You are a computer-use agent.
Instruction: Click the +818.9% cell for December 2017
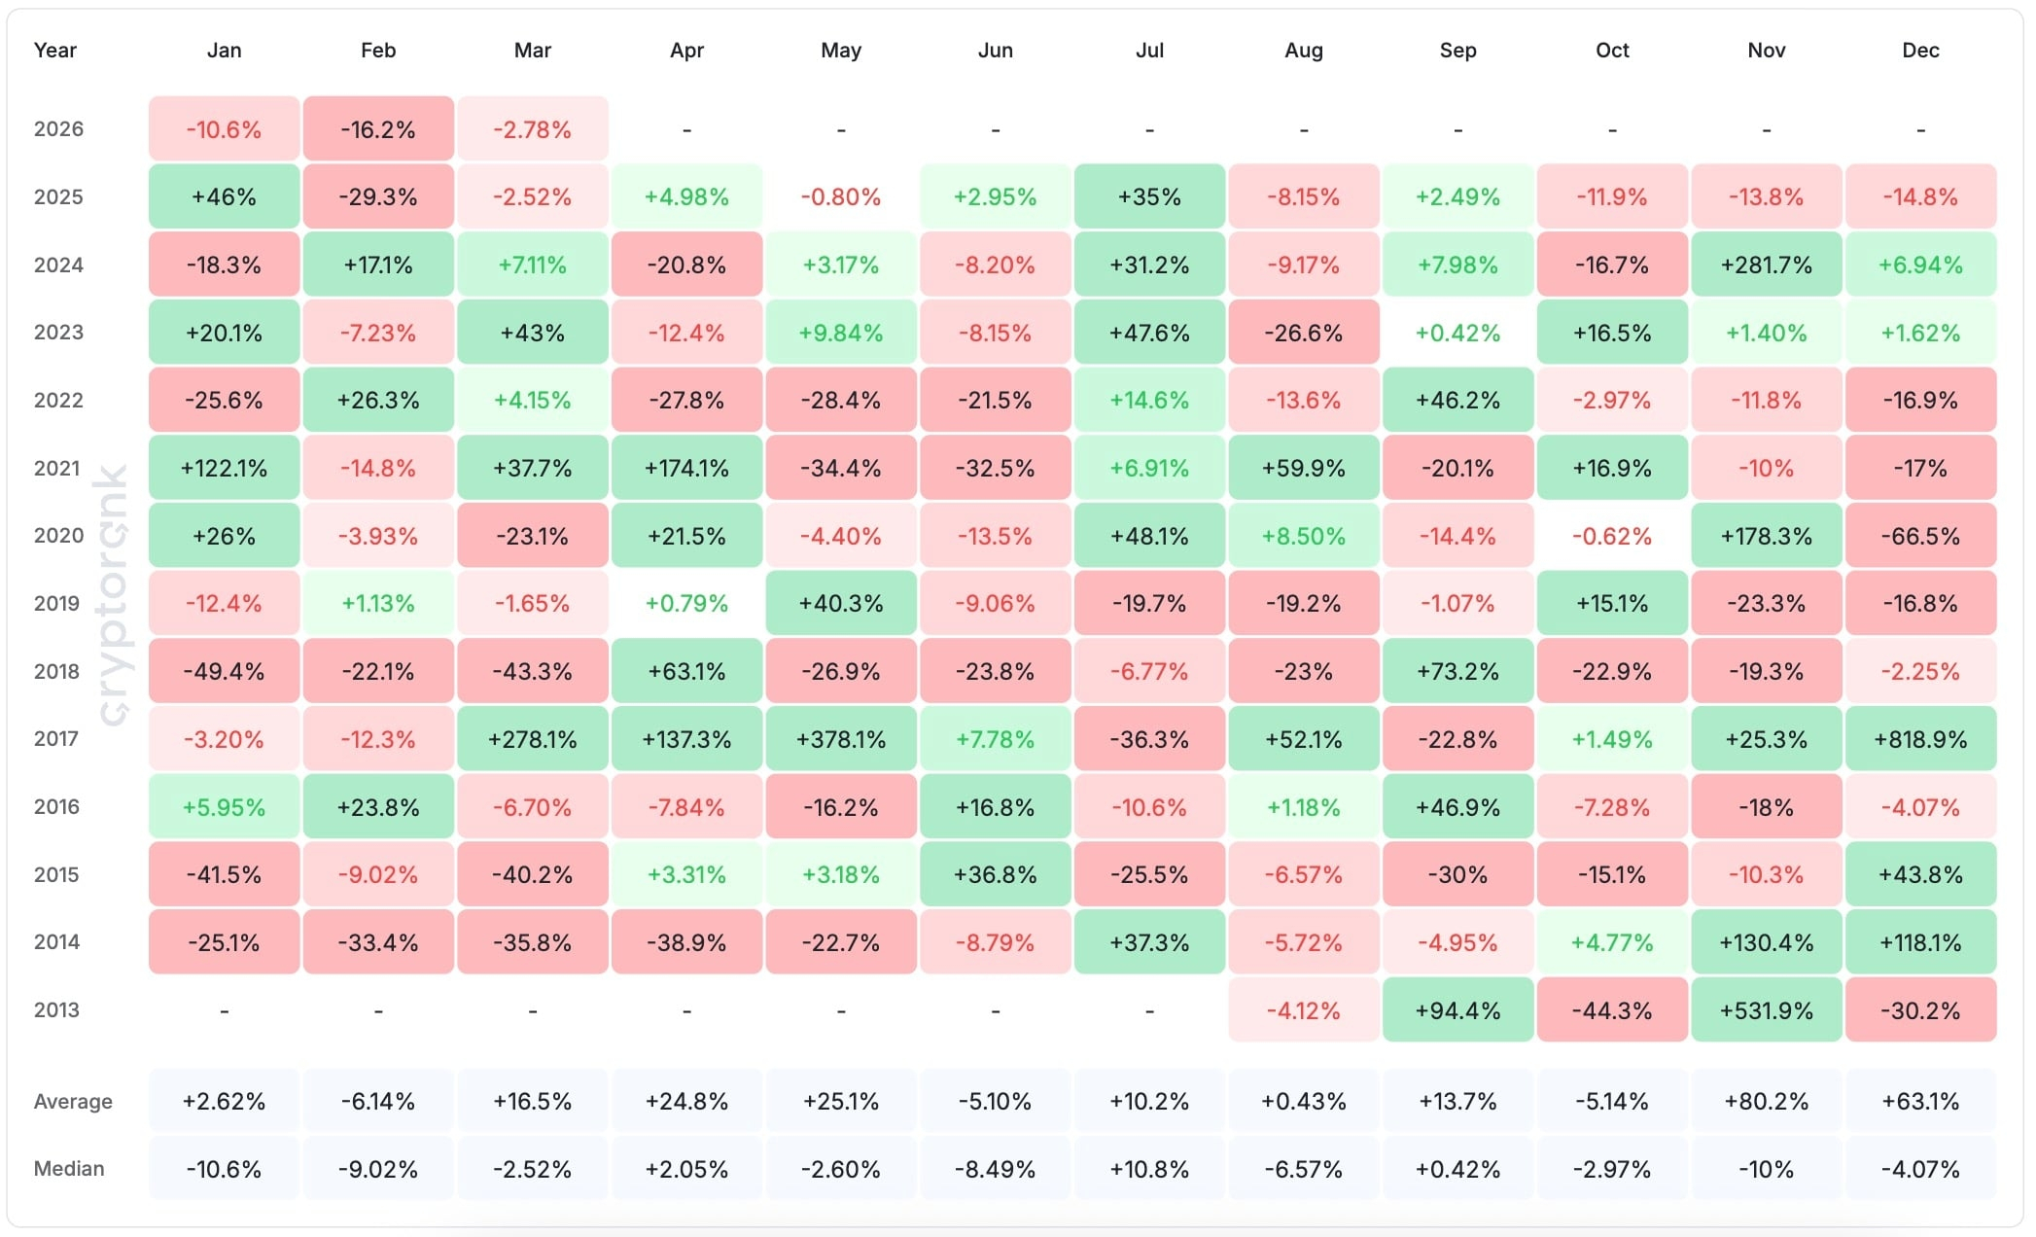1920,739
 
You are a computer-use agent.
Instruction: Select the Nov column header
1766,51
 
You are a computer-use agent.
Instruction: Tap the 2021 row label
57,468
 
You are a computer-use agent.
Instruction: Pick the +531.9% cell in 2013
1766,1010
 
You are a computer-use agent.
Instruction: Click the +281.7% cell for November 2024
1766,265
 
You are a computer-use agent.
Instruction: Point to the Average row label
73,1102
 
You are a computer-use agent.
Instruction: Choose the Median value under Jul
1149,1169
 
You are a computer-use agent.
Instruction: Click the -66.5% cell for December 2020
1920,536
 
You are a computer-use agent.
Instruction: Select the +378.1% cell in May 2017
841,739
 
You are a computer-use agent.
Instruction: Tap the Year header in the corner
54,51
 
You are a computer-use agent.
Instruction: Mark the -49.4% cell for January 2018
224,671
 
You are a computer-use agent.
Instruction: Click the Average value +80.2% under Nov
1766,1102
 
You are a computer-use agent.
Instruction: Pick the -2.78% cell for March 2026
532,129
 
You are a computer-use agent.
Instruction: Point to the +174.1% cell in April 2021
686,468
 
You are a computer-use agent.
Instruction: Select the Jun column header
995,51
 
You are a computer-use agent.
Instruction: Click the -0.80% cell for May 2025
841,197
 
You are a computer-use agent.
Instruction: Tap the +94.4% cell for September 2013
1457,1010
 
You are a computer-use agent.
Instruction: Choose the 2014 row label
57,941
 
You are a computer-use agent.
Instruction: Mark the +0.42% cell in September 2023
1457,333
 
